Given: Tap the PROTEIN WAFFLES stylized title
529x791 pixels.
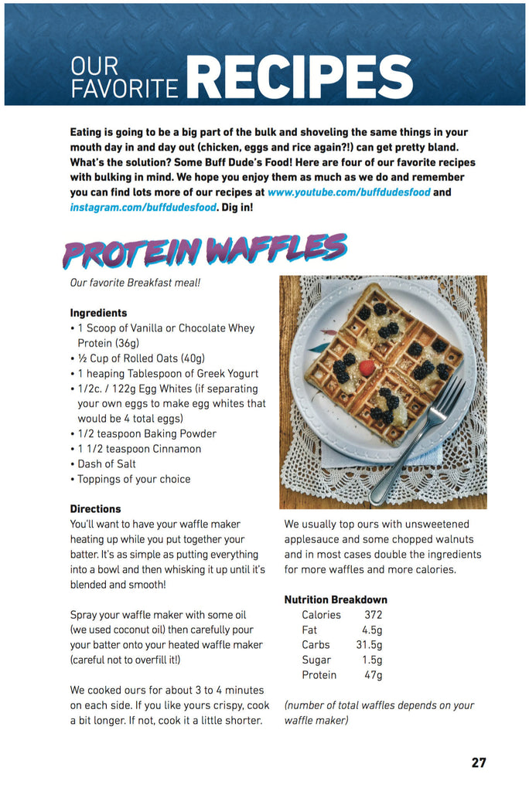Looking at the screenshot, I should click(205, 250).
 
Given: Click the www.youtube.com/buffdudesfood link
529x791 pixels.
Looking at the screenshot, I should click(349, 192).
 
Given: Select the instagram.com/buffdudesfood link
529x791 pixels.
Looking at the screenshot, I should click(143, 207).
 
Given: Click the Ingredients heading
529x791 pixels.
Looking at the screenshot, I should click(98, 313).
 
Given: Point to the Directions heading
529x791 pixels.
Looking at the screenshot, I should click(95, 509).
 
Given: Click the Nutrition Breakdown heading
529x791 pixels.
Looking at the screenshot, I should click(336, 599).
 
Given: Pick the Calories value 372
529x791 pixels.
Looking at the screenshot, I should click(373, 615).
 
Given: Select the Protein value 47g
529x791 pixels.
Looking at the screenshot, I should click(373, 675).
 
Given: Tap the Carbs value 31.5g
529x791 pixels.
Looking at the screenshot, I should click(369, 645).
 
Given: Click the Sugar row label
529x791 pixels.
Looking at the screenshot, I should click(316, 660).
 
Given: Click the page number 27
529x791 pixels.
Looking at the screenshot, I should click(479, 762).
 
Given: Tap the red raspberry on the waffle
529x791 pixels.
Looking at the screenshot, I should click(367, 367).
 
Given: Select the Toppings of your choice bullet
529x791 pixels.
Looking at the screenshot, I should click(133, 479).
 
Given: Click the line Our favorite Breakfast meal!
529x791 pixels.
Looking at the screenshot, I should click(135, 283).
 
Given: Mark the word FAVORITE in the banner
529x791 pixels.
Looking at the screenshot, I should click(125, 89).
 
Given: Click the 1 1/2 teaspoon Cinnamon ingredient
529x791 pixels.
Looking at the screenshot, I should click(139, 449).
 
